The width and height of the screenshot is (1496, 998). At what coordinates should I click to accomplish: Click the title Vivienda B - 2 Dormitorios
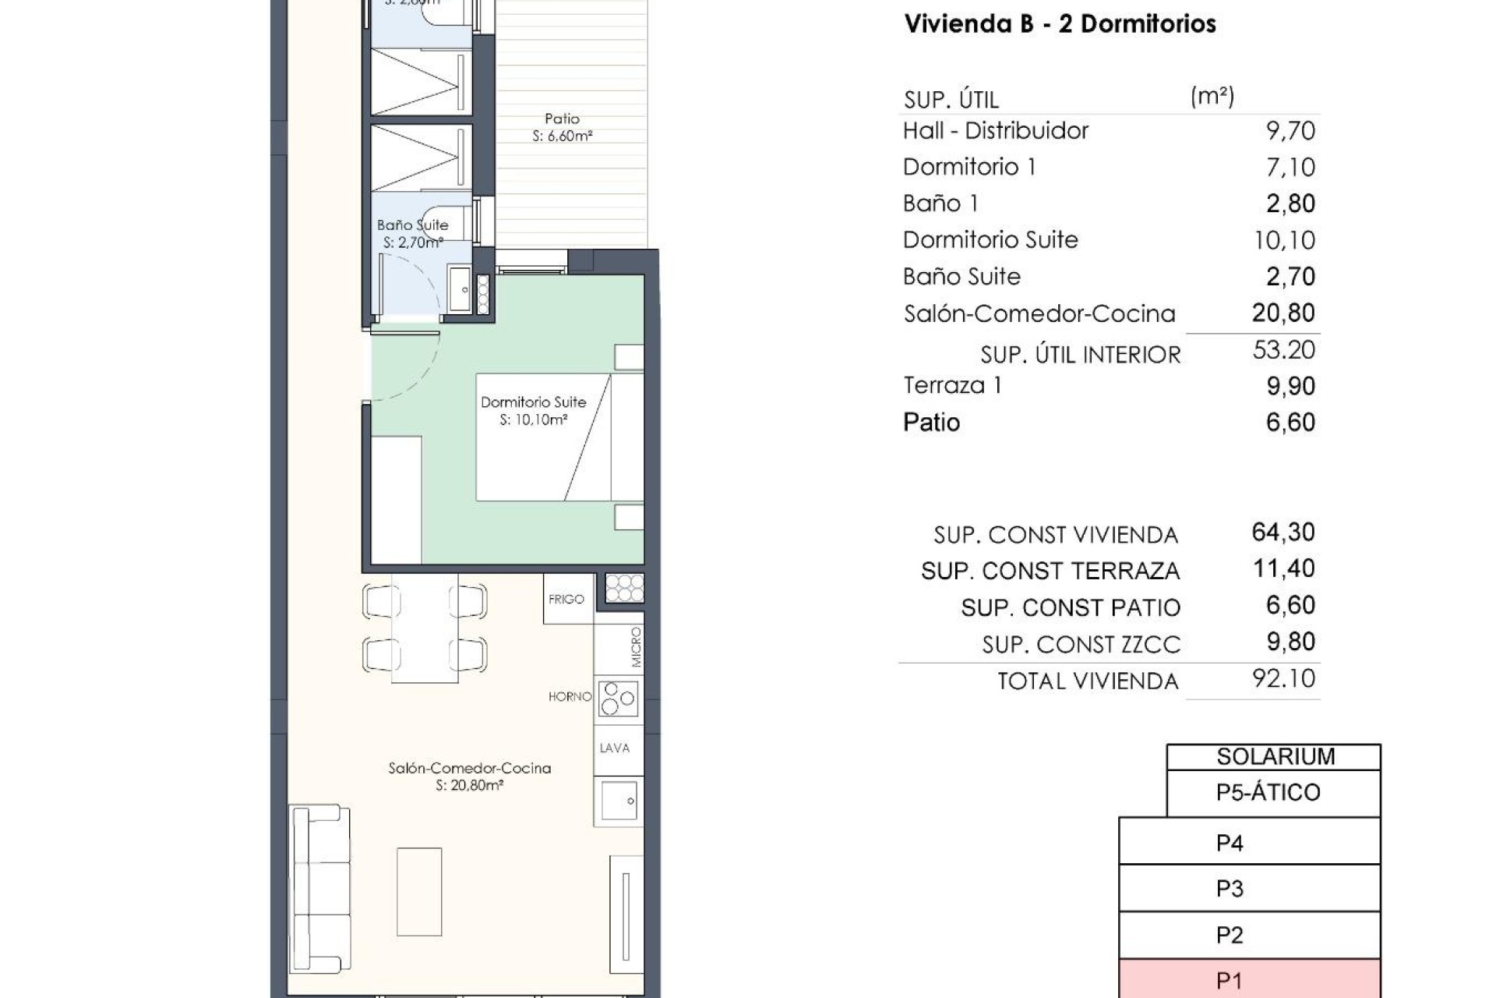(1060, 24)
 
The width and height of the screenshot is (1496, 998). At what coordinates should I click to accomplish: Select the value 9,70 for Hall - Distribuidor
(1290, 131)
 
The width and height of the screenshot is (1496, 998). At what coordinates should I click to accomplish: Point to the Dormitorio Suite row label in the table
(990, 240)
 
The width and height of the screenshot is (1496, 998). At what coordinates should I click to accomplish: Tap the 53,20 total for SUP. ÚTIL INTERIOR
(1283, 350)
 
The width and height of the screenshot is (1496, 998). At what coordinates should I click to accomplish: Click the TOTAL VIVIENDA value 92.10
(1283, 678)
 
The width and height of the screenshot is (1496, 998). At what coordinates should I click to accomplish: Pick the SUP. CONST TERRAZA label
(1050, 572)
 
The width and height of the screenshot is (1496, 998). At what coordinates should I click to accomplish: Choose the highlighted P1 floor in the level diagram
(1249, 980)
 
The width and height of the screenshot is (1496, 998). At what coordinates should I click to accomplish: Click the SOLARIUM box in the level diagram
(1275, 756)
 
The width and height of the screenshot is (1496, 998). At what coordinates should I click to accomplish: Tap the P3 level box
(1249, 889)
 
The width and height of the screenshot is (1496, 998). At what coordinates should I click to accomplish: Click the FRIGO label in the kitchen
(566, 600)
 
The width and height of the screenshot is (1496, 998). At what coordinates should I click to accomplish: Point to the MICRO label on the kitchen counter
(636, 647)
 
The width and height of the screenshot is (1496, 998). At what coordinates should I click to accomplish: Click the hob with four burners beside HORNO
(619, 699)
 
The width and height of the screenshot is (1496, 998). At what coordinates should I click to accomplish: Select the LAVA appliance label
(615, 748)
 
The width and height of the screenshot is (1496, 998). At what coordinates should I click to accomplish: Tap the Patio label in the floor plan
(562, 119)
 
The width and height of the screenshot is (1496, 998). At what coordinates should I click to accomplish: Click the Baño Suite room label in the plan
(412, 225)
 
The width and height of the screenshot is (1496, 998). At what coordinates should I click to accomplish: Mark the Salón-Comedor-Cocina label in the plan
(469, 769)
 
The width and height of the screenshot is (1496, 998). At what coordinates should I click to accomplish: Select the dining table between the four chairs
(425, 628)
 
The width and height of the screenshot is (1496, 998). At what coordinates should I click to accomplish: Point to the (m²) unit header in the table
(1212, 97)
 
